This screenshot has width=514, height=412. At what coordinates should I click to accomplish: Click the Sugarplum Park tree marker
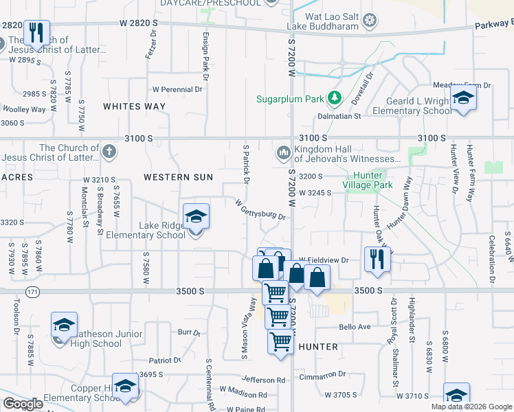pos(335,99)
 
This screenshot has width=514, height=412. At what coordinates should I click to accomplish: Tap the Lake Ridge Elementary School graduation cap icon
pos(196,218)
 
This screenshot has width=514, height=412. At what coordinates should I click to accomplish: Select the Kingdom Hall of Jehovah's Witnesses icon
pos(282,152)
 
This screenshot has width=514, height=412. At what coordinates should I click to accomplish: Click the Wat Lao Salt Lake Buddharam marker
pos(371,21)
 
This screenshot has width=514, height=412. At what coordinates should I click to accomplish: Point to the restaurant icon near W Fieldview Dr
pos(377,258)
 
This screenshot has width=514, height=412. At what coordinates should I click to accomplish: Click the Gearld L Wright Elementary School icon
pos(463,98)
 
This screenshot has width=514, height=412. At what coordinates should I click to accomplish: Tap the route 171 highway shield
pos(32,292)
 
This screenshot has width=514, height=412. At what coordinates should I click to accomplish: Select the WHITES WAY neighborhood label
pos(134,106)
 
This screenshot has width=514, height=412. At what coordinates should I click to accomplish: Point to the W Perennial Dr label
pos(177,89)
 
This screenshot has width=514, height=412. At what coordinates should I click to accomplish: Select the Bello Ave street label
pos(355,327)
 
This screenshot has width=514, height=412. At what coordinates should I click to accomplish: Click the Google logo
pos(23,403)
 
